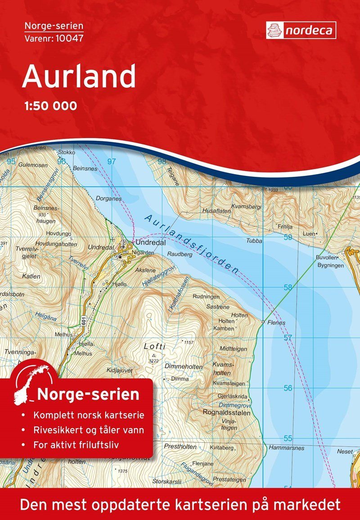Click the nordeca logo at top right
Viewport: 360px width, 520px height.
[301, 30]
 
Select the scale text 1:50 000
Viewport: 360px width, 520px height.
[49, 106]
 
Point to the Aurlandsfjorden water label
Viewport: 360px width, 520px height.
[191, 243]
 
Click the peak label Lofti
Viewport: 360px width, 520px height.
[155, 346]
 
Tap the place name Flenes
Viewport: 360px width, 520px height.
[276, 323]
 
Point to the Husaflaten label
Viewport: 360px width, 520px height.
[217, 210]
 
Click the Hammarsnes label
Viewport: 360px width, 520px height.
[286, 448]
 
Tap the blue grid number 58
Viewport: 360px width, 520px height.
[288, 287]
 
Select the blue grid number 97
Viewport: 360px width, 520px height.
[112, 161]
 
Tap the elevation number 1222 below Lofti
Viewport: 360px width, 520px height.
[154, 361]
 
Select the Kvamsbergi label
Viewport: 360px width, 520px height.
[246, 206]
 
